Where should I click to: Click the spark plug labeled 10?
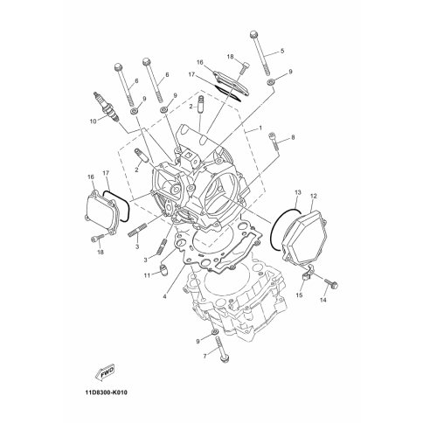point(107,107)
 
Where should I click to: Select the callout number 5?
point(282,51)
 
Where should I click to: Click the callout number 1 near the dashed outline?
point(260,128)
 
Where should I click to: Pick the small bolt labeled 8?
point(274,141)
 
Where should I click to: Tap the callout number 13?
point(298,192)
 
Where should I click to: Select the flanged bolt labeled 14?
point(331,283)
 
